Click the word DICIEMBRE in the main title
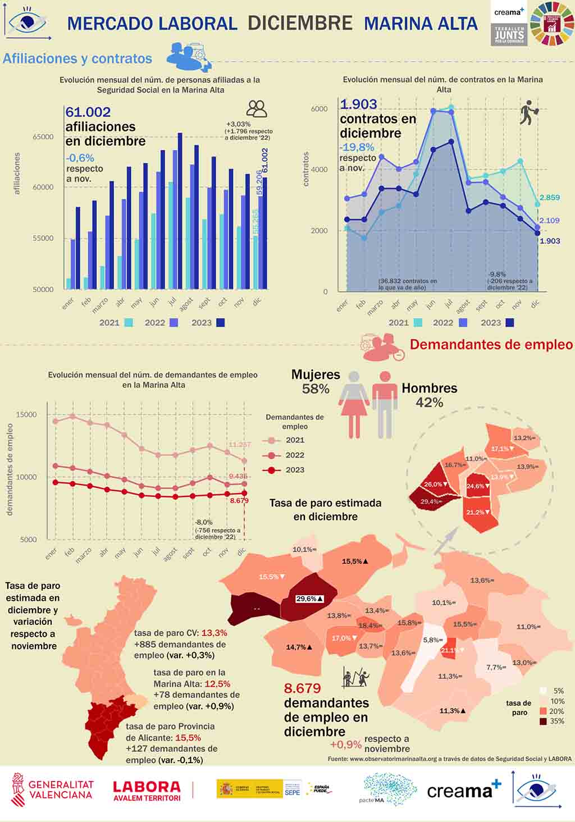[x=300, y=23]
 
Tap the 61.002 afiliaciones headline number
[x=88, y=112]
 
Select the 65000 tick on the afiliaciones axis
[x=43, y=137]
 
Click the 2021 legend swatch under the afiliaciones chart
[x=129, y=322]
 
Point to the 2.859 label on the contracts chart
[x=549, y=198]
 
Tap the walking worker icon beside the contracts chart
[x=528, y=112]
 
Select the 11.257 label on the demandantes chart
[x=240, y=445]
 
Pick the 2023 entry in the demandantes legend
[x=295, y=470]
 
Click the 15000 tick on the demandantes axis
[x=26, y=415]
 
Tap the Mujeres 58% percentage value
[x=316, y=389]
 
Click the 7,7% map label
[x=495, y=667]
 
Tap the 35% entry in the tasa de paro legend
[x=557, y=721]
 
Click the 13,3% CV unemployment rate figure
[x=214, y=633]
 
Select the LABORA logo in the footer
[x=147, y=791]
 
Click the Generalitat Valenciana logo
[x=53, y=789]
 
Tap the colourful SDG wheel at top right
[x=553, y=23]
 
